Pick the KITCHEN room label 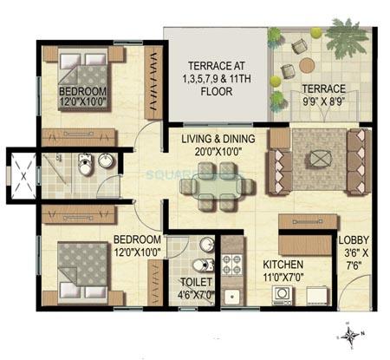(x=283, y=263)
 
